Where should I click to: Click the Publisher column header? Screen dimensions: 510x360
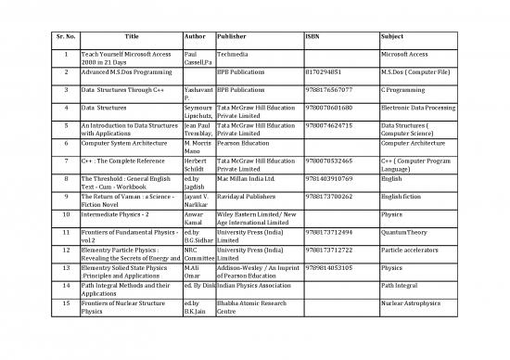pos(231,37)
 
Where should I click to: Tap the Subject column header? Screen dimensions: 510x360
pos(393,37)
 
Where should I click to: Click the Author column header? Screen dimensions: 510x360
pos(195,37)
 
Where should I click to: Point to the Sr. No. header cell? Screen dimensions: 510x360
pos(65,37)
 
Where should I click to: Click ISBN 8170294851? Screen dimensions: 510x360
pos(330,70)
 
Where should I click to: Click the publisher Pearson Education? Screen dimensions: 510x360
pos(245,144)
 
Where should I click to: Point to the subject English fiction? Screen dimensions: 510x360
pos(407,197)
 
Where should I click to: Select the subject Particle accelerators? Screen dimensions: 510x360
pos(414,251)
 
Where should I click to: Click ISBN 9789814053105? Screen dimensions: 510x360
pos(333,268)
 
